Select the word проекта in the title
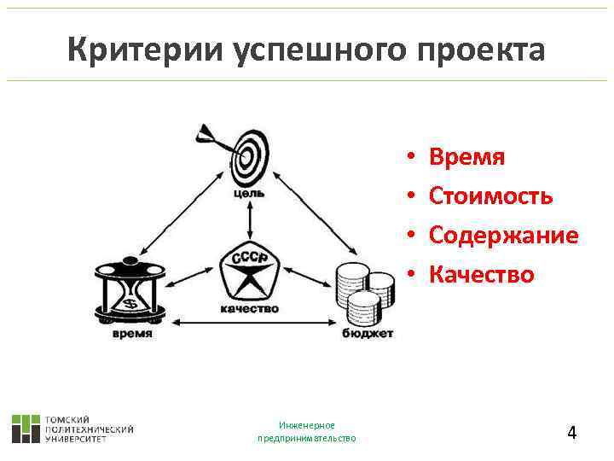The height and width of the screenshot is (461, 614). click(483, 50)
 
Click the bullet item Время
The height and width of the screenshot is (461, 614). click(467, 157)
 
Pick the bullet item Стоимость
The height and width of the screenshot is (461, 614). click(491, 196)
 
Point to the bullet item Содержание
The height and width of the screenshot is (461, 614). click(503, 235)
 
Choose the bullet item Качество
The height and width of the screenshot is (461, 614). click(482, 274)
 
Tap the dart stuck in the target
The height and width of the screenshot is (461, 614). click(213, 137)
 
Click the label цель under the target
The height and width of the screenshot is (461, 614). click(248, 193)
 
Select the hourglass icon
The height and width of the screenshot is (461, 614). click(130, 288)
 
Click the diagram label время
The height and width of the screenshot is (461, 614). click(131, 334)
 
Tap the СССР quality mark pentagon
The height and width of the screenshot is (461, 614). click(249, 271)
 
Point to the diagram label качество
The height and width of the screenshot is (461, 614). click(249, 309)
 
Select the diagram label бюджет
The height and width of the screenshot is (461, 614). click(368, 334)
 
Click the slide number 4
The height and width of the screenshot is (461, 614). click(572, 433)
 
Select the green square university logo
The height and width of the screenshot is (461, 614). click(26, 429)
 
